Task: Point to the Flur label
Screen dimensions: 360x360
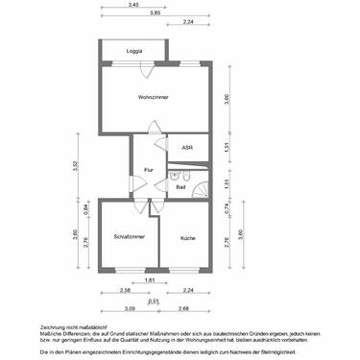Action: pos(149,170)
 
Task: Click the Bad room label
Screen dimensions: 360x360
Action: pos(180,187)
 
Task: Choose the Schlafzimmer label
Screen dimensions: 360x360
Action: pos(128,236)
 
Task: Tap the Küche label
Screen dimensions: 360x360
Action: pos(187,236)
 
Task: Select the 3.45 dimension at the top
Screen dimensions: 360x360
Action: pos(132,5)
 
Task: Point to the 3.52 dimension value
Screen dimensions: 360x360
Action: pos(74,165)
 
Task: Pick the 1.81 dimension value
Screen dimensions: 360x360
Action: pos(149,280)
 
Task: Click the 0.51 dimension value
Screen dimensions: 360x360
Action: pos(154,300)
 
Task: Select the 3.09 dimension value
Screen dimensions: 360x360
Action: pos(130,308)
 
